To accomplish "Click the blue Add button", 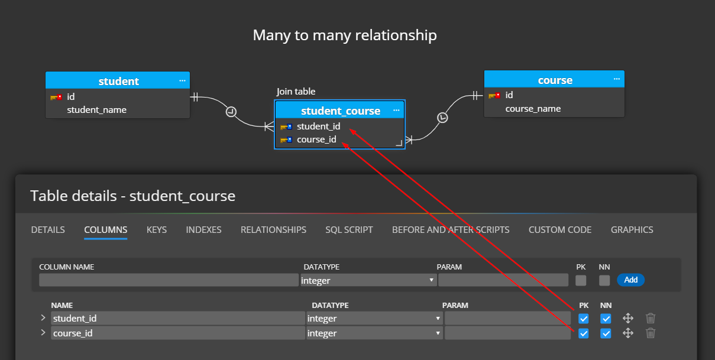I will tap(630, 280).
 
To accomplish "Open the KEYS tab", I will tap(157, 229).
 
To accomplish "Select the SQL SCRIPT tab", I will tap(349, 229).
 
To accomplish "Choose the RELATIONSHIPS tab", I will tap(273, 229).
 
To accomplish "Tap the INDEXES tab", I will tap(203, 229).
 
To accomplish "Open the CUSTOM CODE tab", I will tap(559, 229).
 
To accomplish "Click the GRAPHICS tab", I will tap(632, 229).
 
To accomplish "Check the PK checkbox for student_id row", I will tap(584, 319).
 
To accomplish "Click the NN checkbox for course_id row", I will tap(606, 333).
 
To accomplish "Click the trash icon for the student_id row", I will tap(651, 319).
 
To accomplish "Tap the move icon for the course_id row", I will tap(628, 333).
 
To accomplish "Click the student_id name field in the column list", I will tap(177, 319).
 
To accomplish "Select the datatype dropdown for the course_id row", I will tap(374, 333).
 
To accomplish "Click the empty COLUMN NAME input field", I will tap(169, 280).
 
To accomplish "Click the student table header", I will tap(118, 81).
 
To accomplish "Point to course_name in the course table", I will tap(533, 109).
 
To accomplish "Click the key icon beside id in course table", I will tap(494, 95).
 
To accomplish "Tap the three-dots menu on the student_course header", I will tap(396, 111).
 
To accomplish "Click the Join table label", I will tap(296, 92).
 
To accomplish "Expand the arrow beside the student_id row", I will tap(43, 318).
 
